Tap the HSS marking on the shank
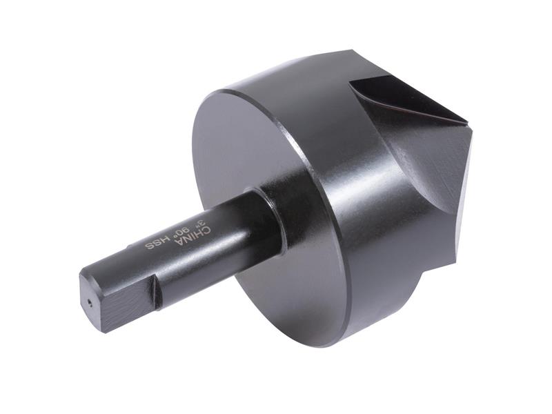156,244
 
